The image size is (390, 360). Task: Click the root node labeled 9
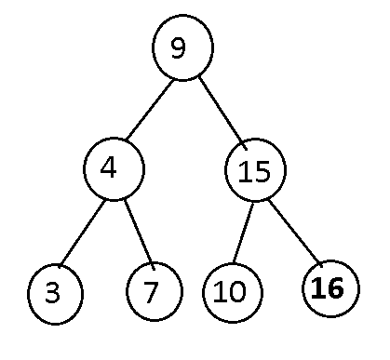click(x=182, y=47)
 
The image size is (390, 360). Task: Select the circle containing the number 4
click(x=114, y=169)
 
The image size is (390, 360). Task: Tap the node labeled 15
click(x=255, y=170)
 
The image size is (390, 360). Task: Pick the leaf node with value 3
click(x=56, y=294)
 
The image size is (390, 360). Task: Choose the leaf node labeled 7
click(x=155, y=291)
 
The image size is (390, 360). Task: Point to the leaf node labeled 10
click(x=233, y=293)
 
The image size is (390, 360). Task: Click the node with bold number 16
click(x=330, y=288)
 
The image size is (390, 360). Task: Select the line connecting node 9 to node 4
click(x=150, y=109)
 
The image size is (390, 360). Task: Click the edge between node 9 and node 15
click(x=222, y=113)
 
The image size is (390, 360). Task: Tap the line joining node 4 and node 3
click(x=82, y=233)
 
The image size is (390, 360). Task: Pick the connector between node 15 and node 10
click(x=243, y=233)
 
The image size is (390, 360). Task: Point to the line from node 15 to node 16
click(x=295, y=233)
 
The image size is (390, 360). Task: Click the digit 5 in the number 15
click(x=262, y=171)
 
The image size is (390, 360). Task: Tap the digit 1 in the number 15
click(x=244, y=171)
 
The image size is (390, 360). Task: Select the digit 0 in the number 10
click(x=238, y=291)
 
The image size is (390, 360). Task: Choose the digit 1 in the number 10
click(x=221, y=291)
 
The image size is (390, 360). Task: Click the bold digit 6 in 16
click(x=336, y=288)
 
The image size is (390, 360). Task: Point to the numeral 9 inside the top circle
click(x=179, y=48)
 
